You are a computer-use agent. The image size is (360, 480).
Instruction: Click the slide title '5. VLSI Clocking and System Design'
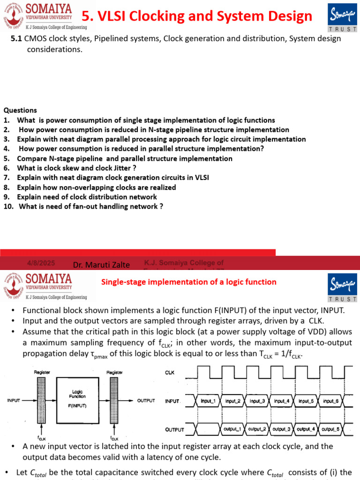(197, 16)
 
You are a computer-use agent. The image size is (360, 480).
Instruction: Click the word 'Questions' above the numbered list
(20, 110)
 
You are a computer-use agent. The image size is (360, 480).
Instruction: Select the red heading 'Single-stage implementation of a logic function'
(189, 282)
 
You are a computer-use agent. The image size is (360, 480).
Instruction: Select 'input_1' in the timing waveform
(208, 401)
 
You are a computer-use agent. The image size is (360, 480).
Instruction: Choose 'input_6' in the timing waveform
(330, 401)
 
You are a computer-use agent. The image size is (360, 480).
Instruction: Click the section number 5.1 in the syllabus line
(16, 38)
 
